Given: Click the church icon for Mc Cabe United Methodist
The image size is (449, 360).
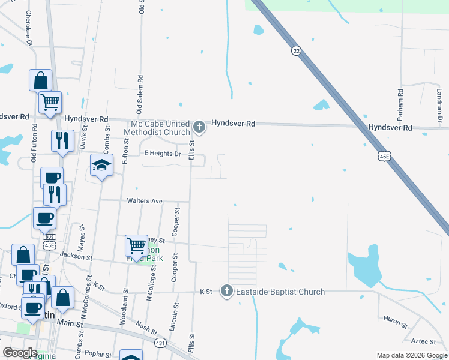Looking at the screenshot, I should click(x=200, y=127).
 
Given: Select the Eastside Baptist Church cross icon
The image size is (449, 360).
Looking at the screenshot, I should click(x=227, y=292).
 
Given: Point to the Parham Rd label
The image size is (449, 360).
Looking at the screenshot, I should click(x=400, y=101).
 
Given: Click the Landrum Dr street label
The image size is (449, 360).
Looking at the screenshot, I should click(x=439, y=106).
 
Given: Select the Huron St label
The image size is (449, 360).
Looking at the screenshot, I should click(x=396, y=322).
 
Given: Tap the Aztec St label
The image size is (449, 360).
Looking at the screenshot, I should click(x=424, y=341).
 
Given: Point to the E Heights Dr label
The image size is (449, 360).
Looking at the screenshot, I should click(x=163, y=154).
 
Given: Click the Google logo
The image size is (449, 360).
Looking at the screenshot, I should click(x=20, y=353).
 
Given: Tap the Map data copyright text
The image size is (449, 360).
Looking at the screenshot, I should click(x=411, y=355).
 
